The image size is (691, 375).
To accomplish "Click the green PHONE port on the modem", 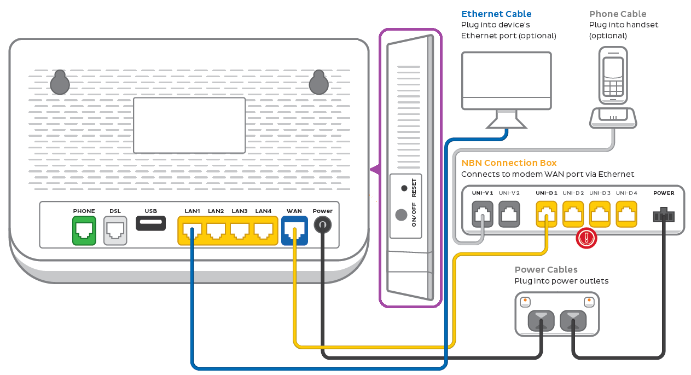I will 84,230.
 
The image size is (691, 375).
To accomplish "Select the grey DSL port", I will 115,230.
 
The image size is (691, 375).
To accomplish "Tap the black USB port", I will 150,223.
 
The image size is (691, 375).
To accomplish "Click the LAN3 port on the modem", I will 240,230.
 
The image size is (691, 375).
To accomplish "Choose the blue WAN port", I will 294,230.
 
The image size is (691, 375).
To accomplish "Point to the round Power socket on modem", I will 322,225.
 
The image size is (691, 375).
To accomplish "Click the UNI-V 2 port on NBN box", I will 509,214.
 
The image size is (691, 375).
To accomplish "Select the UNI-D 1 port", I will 547,214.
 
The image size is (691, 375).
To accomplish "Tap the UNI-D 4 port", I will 626,214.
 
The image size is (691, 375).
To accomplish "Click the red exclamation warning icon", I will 587,238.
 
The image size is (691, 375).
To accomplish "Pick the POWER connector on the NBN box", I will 663,215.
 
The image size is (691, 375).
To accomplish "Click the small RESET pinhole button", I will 404,188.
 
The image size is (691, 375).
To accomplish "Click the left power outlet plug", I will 541,320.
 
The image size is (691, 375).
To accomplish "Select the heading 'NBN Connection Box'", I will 509,163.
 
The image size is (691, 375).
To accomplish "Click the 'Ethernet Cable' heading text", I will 496,14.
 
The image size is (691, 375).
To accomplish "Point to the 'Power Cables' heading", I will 546,269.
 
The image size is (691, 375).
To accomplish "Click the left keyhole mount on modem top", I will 60,83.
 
